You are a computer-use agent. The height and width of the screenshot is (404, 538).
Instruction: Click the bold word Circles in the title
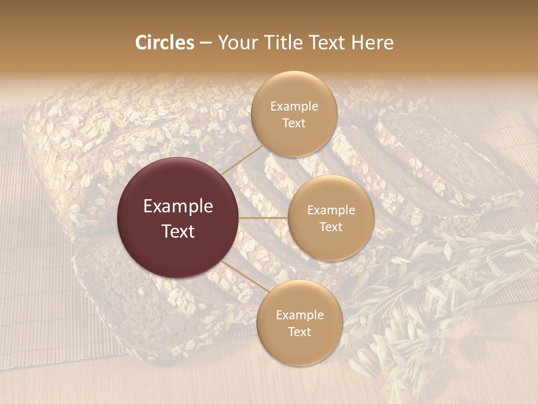[164, 43]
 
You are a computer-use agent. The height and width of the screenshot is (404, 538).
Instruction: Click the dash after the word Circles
[206, 43]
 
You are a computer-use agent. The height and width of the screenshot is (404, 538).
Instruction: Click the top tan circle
[294, 114]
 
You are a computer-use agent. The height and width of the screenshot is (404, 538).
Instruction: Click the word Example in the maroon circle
[178, 206]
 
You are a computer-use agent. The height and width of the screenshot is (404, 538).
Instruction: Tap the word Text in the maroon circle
[178, 231]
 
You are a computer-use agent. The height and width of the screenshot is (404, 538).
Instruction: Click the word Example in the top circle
[294, 106]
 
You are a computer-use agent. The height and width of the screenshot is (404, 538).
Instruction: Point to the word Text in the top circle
[294, 123]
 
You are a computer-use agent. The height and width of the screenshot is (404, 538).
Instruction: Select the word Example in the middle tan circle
[331, 210]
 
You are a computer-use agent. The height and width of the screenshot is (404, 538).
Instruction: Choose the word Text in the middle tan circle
[331, 227]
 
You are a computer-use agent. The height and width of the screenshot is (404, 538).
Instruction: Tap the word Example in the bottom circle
[299, 315]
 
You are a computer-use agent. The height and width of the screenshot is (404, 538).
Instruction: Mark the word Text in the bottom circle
[299, 332]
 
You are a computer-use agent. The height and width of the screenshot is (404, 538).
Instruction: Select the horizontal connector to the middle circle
[263, 218]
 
